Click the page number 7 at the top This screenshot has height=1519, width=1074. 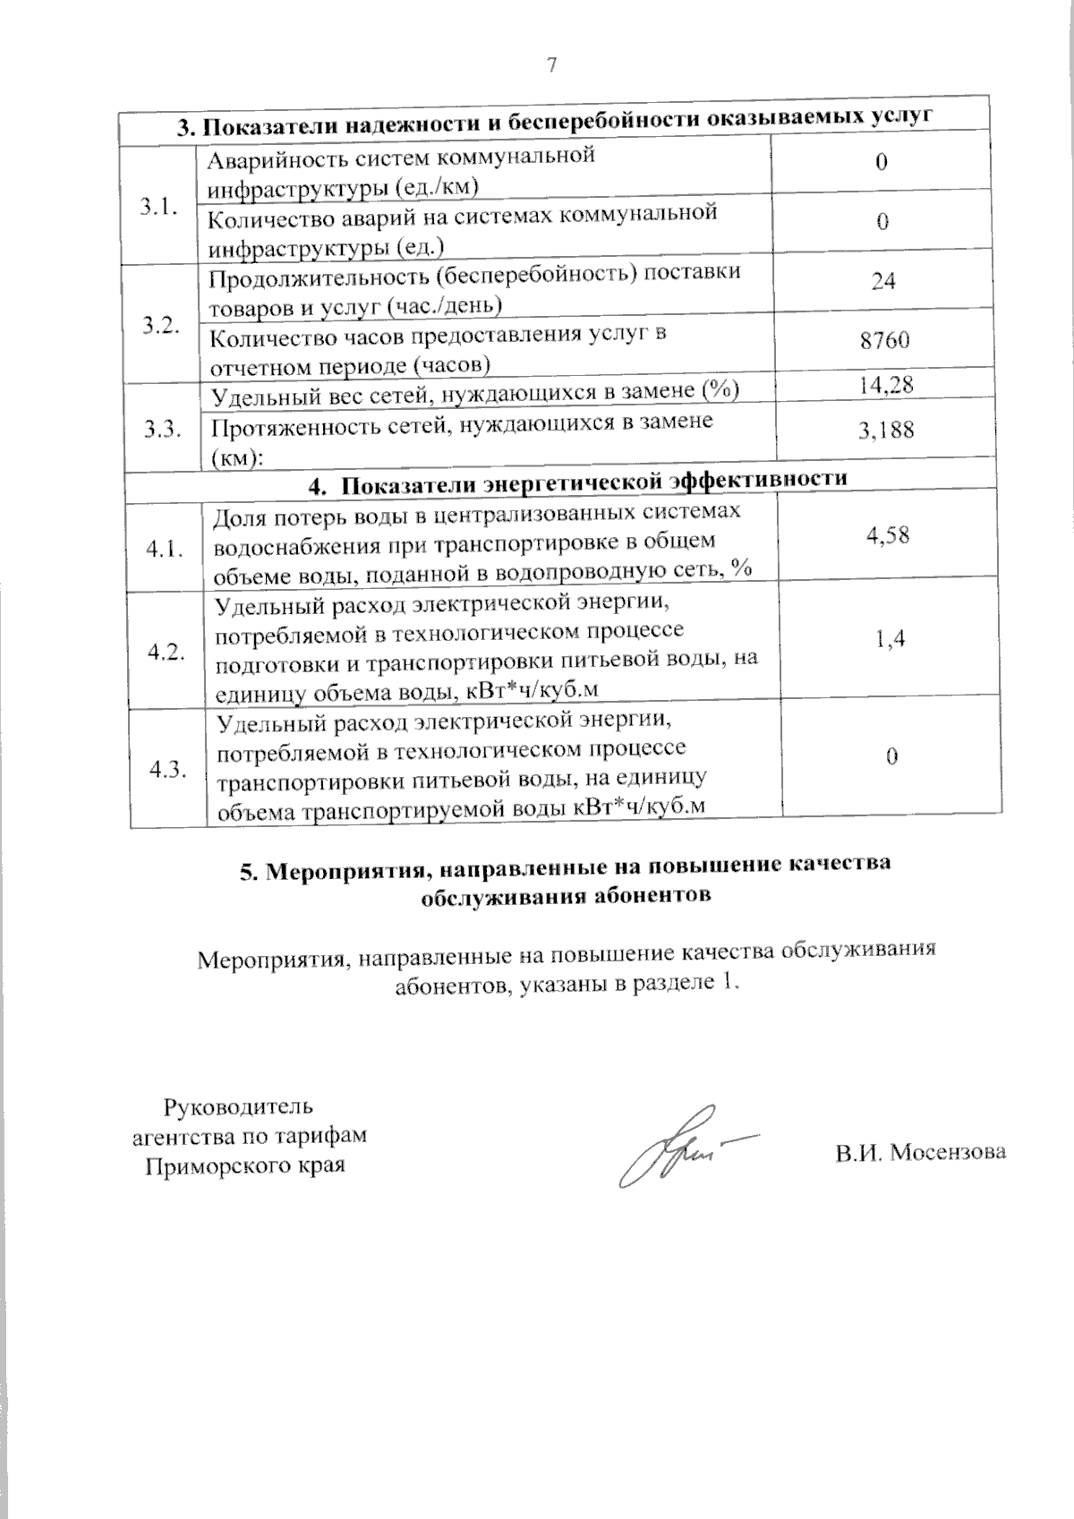pos(551,64)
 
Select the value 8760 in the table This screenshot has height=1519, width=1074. pos(883,340)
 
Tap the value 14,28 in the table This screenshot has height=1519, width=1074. pos(884,385)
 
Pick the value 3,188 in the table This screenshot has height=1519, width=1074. pos(886,431)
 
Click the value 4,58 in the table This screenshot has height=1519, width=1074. pos(888,536)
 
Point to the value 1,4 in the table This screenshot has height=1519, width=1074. pos(890,638)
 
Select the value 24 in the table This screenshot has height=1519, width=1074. pos(882,281)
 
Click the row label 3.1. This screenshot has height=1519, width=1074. pos(158,207)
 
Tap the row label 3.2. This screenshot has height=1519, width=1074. pos(161,325)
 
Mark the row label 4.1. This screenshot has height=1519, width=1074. pos(166,549)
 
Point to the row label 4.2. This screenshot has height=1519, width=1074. pos(167,652)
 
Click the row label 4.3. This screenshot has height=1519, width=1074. pos(168,769)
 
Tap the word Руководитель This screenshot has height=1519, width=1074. pos(238,1106)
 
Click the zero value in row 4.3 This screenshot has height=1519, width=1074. pos(892,757)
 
